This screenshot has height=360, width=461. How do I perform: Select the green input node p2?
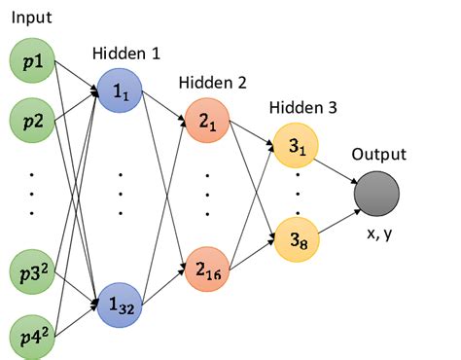click(x=33, y=121)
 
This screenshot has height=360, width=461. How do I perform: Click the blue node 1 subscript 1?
click(x=120, y=93)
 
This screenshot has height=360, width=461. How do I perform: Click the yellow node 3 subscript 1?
click(x=296, y=147)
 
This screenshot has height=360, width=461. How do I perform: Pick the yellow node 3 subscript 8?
click(x=296, y=236)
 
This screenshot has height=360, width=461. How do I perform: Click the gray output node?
click(x=378, y=193)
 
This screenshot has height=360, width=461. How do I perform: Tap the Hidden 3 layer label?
click(x=302, y=108)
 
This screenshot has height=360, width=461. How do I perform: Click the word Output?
click(x=378, y=154)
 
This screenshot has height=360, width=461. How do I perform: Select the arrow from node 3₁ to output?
click(x=337, y=169)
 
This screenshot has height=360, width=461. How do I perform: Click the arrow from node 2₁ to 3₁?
click(x=251, y=135)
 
